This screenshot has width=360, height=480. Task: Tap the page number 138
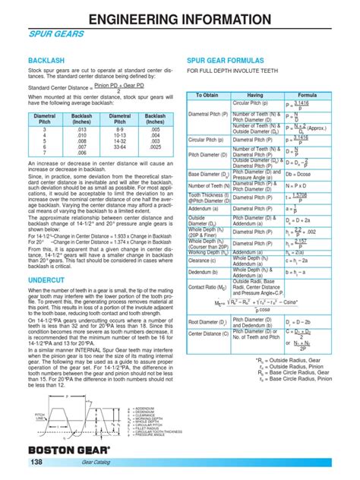[37, 463]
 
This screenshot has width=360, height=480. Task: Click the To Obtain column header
[207, 96]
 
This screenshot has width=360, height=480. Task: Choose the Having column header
[254, 96]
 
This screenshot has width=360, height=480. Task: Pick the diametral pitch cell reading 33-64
[119, 147]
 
